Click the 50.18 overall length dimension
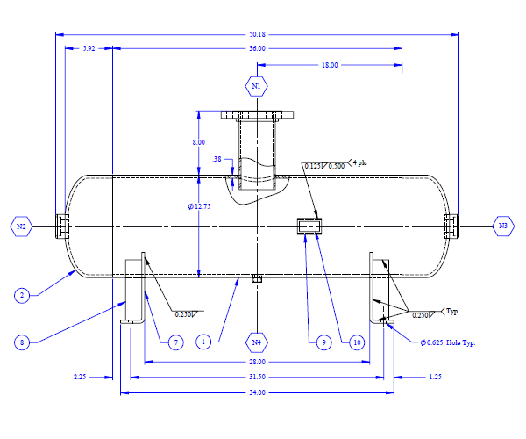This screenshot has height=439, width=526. (x=257, y=34)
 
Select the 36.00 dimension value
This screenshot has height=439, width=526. (x=257, y=48)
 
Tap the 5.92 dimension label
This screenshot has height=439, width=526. (x=89, y=48)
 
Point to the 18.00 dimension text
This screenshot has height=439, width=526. (x=330, y=65)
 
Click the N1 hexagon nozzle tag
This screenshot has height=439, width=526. (x=257, y=86)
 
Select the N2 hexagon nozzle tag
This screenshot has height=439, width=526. (x=21, y=227)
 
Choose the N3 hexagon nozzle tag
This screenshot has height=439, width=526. (x=503, y=226)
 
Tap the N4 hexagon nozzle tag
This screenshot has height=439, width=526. (x=257, y=342)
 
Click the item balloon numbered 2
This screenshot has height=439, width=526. (x=22, y=296)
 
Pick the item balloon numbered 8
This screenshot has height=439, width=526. (x=22, y=342)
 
